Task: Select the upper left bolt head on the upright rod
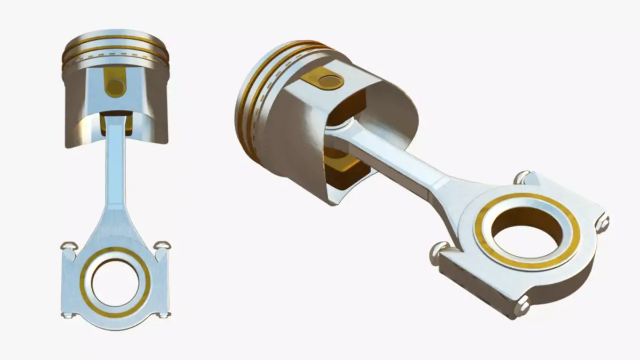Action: pos(70,246)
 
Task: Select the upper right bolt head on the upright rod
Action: pos(162,245)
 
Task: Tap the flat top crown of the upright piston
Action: pos(115,36)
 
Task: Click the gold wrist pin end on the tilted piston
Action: pos(329,81)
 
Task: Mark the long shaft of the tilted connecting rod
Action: pos(405,160)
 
